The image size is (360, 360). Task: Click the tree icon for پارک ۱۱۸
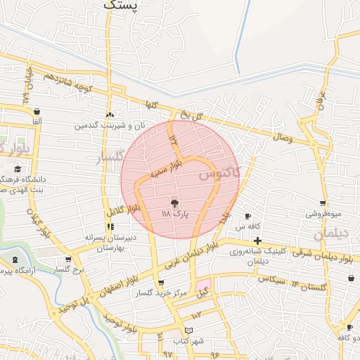174,201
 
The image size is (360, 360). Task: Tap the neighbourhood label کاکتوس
219,172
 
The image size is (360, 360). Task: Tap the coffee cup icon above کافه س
247,216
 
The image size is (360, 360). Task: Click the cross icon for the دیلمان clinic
258,241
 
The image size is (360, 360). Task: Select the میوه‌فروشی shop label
323,213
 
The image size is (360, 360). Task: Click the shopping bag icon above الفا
37,111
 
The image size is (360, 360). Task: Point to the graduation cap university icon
18,169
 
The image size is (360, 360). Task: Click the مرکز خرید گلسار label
162,292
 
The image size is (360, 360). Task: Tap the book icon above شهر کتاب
188,330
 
